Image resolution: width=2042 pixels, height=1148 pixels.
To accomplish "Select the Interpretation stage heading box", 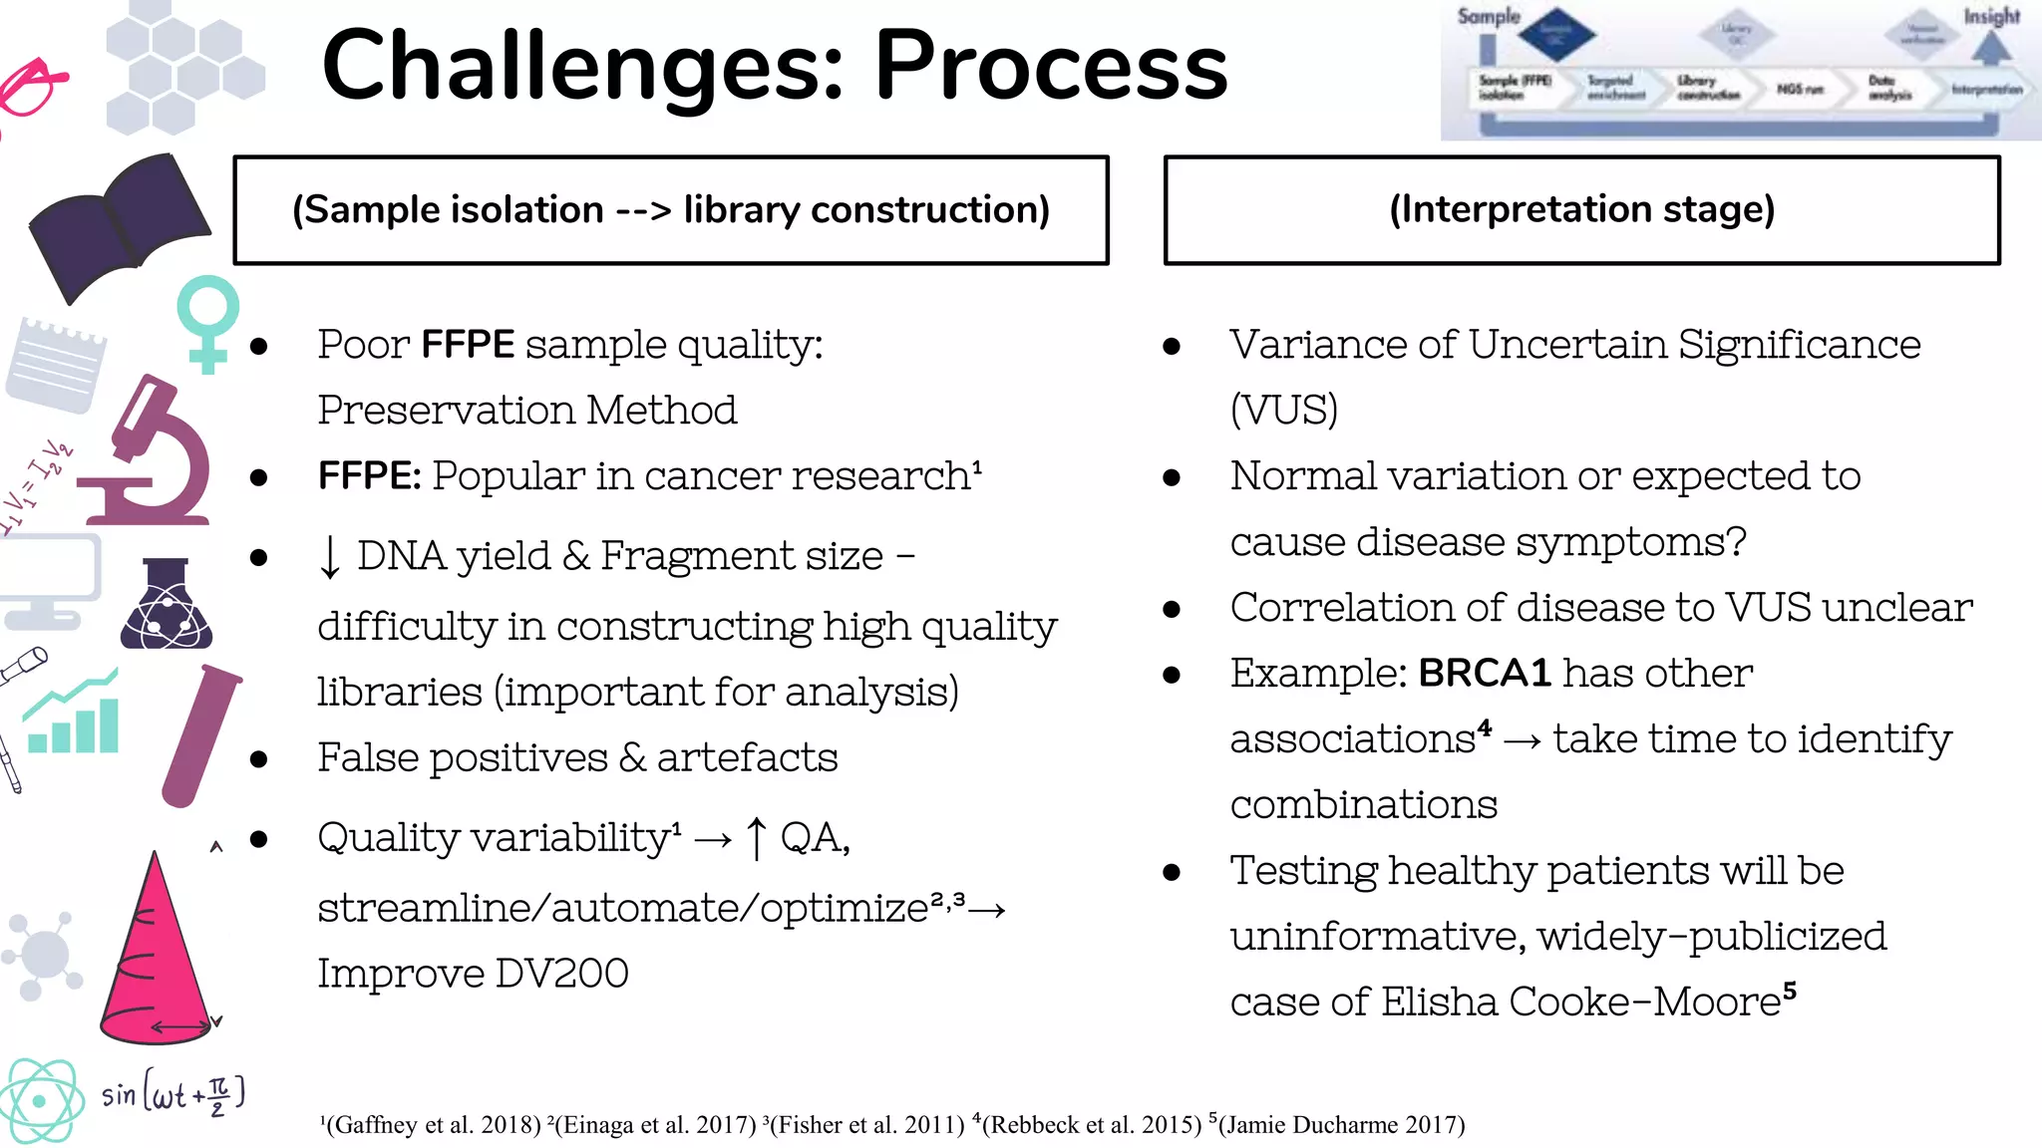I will coord(1581,209).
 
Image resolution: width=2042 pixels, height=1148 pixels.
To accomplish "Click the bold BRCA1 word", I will coord(1484,674).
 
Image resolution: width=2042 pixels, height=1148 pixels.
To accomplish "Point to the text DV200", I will coord(561,974).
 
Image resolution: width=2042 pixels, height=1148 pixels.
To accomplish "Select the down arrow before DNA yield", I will coord(330,556).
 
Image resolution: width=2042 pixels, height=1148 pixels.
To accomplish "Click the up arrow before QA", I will coord(757,837).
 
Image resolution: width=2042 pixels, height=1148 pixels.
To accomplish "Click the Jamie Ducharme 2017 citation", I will coord(1339,1125).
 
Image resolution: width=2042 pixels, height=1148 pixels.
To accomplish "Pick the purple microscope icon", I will coord(150,453).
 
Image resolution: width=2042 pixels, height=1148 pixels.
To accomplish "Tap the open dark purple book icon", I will coord(118,227).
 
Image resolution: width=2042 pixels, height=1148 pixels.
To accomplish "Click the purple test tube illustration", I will coord(199,735).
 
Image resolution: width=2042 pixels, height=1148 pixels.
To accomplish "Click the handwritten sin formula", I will coord(171,1094).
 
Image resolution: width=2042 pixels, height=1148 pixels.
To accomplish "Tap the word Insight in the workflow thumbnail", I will coord(1991,17).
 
